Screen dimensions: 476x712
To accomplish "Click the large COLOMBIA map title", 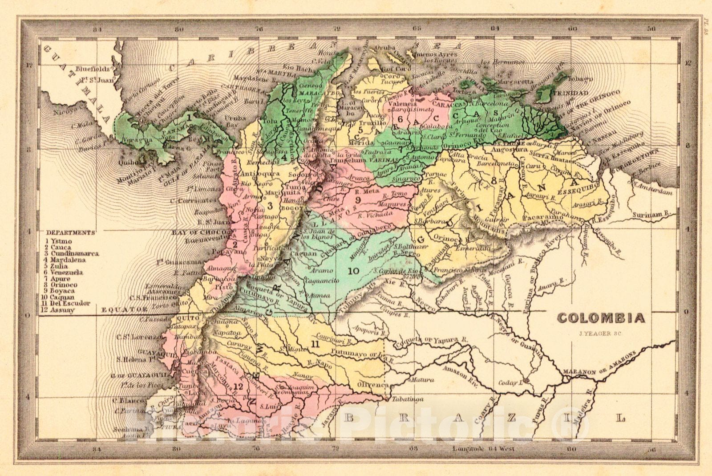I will (x=601, y=318).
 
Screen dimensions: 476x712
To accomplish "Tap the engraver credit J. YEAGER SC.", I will (x=600, y=333).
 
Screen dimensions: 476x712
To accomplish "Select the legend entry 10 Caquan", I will (x=63, y=297).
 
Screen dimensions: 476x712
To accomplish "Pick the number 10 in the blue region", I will (x=354, y=271).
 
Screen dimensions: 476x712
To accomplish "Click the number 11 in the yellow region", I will (x=316, y=344).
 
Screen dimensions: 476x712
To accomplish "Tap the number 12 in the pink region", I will (x=238, y=386).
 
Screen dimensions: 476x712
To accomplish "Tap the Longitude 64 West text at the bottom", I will (x=484, y=448).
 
